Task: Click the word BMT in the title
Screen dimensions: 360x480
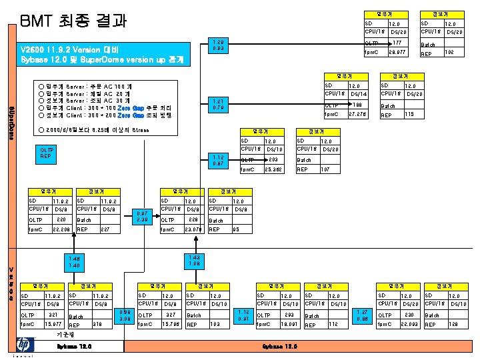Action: click(x=38, y=20)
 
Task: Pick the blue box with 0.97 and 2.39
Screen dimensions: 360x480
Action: click(x=142, y=215)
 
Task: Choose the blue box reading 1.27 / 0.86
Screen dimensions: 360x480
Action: click(x=362, y=315)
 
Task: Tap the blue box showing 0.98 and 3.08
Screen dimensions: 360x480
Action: click(x=124, y=315)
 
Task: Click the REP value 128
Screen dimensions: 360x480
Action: click(x=453, y=325)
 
